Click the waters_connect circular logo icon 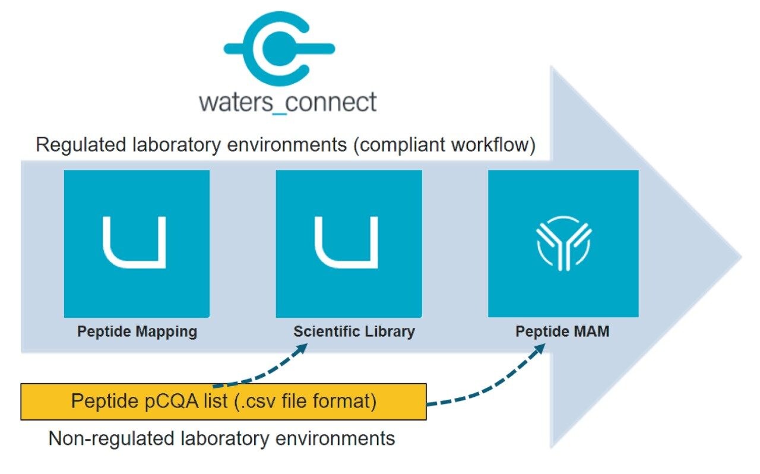coord(278,47)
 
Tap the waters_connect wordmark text coord(288,102)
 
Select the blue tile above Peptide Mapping coord(137,244)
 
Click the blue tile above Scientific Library coord(349,244)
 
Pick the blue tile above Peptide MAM coord(563,244)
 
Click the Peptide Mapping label coord(137,331)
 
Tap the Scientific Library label coord(354,331)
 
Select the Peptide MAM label coord(562,331)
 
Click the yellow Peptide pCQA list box coord(223,402)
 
